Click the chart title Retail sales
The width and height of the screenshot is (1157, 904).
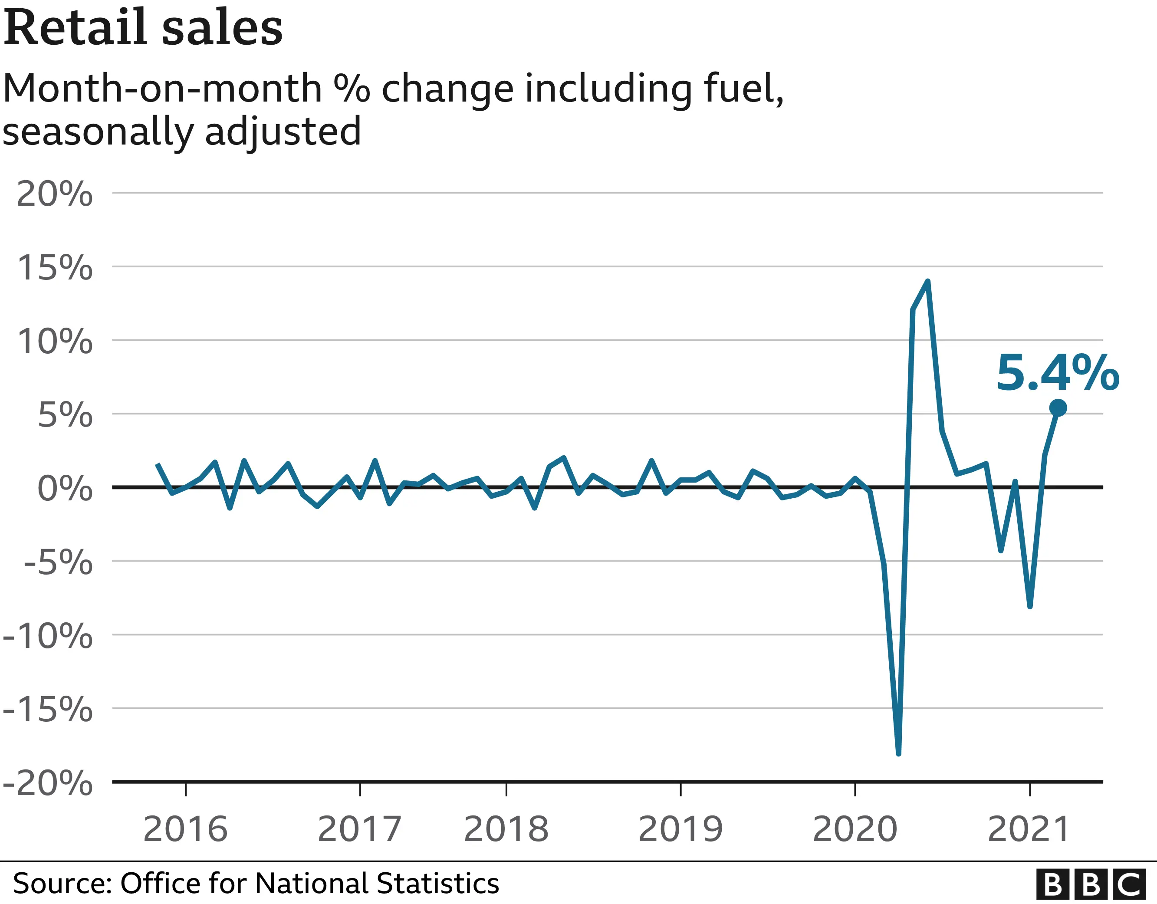click(143, 27)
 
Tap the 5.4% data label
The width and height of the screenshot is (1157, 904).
click(1058, 374)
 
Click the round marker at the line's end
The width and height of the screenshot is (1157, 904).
click(1058, 408)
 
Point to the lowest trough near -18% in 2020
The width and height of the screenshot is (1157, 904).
click(898, 753)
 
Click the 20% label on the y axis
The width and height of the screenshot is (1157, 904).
click(55, 194)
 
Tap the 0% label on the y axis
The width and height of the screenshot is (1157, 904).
click(65, 488)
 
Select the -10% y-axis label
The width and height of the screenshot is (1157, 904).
click(48, 636)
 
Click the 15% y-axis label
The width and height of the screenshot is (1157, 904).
click(55, 268)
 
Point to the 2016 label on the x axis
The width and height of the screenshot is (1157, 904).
click(185, 829)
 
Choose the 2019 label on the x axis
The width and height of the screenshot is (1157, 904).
click(680, 829)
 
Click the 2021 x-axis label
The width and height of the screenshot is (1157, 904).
click(1029, 829)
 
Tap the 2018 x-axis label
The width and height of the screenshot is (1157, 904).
click(506, 829)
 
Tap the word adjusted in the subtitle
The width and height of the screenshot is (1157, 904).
click(283, 132)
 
